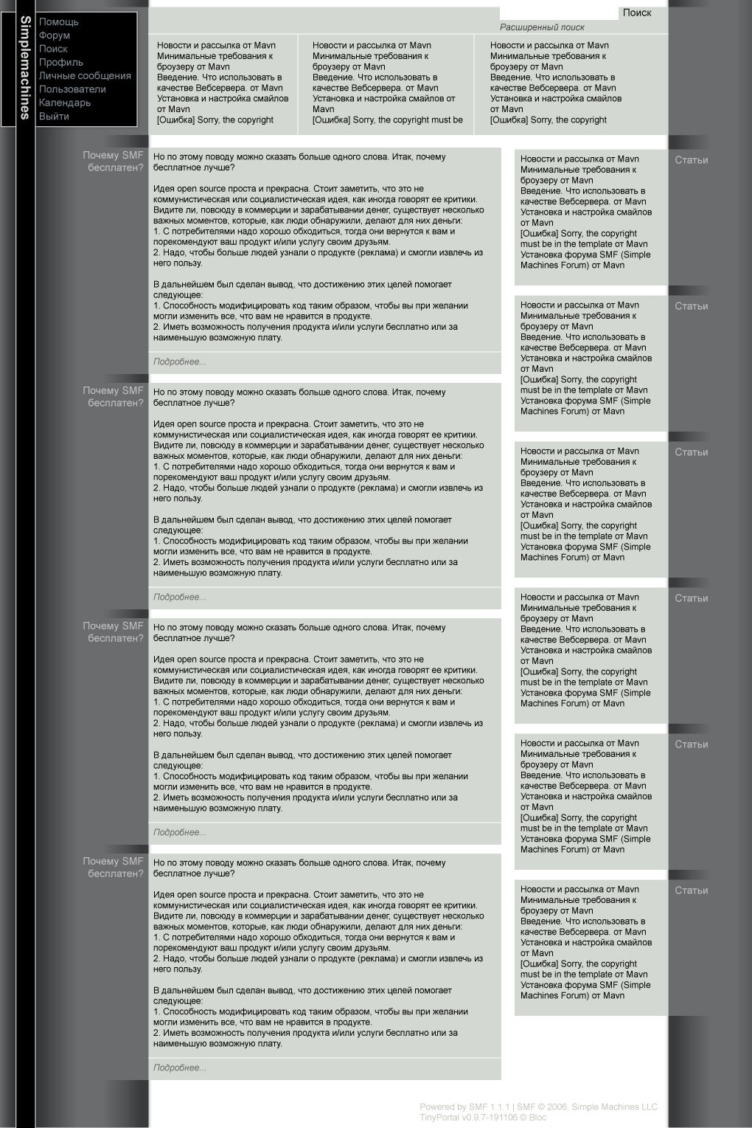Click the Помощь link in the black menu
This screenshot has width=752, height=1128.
58,22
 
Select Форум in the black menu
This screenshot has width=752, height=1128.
55,35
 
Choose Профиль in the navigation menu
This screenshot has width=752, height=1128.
60,63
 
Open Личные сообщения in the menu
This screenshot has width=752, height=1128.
85,76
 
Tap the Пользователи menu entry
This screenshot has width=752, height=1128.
72,89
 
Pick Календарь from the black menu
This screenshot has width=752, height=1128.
65,103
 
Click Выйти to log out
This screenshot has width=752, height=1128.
54,117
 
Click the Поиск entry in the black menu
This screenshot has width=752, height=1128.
53,49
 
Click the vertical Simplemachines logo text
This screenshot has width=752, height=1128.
25,67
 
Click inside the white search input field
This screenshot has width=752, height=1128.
558,13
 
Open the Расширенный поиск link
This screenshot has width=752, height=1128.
542,27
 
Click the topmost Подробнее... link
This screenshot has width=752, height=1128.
180,362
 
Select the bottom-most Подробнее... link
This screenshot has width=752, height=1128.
180,1068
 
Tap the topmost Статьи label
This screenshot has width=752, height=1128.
691,160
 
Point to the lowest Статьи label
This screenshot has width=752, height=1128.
691,890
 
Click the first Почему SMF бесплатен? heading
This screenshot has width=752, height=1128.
114,162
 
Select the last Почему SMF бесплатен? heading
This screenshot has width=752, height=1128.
114,868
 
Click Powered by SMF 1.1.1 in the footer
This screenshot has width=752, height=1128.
466,1107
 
